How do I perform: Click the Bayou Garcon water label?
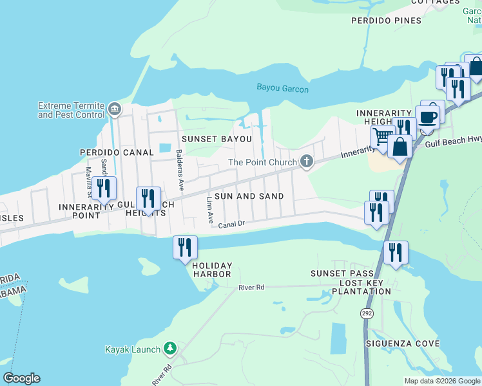click(282, 88)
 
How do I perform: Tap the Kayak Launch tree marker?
click(169, 349)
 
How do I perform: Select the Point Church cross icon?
click(307, 162)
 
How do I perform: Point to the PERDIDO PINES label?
click(386, 21)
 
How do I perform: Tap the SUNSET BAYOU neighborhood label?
click(216, 138)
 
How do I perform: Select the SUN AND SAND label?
click(249, 196)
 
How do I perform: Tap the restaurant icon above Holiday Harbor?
click(185, 246)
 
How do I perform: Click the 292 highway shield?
click(365, 312)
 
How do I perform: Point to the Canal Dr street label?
click(232, 225)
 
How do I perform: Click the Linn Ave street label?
click(209, 210)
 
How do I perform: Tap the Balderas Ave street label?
click(180, 170)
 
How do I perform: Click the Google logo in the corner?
click(21, 378)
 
